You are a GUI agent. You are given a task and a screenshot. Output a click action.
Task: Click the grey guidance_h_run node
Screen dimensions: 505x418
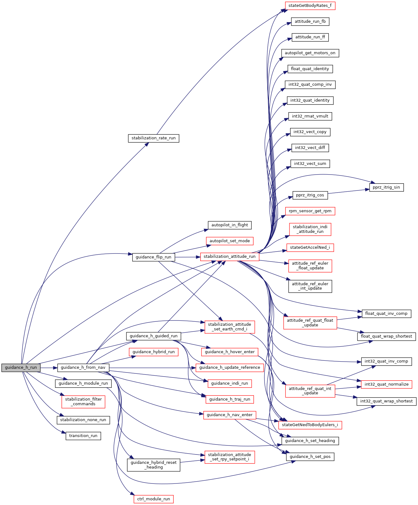[21, 368]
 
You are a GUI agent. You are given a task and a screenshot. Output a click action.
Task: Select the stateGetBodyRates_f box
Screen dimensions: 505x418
[310, 6]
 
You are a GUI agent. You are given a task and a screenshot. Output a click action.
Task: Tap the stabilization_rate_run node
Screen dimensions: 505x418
[153, 138]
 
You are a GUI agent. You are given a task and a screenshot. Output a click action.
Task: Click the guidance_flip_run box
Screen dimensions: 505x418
[153, 257]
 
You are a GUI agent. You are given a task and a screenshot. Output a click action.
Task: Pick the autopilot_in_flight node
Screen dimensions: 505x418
[230, 225]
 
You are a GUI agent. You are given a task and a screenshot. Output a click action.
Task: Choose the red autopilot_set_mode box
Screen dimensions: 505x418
[230, 241]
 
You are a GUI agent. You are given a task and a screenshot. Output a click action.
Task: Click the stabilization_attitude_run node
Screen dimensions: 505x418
[230, 257]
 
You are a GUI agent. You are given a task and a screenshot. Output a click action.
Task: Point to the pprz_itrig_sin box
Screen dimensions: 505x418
[386, 187]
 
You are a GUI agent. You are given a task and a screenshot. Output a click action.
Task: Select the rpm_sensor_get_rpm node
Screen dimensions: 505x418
[310, 211]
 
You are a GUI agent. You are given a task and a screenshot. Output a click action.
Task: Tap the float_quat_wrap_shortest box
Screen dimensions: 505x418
[386, 336]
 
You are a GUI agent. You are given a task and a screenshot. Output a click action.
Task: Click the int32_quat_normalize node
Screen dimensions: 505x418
[386, 384]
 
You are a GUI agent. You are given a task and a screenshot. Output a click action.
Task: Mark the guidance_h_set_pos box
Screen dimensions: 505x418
[310, 457]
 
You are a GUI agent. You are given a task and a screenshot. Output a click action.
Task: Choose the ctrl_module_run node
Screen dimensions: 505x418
[153, 499]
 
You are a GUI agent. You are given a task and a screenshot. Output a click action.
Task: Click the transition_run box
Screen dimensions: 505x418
[83, 436]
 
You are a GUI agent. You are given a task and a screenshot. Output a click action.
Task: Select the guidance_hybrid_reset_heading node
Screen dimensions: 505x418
[153, 465]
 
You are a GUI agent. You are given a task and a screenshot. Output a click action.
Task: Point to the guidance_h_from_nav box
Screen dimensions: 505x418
[83, 368]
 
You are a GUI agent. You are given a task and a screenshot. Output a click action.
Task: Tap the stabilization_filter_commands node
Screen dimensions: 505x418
[83, 402]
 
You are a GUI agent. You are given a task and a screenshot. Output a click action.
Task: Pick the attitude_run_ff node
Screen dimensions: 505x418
[310, 37]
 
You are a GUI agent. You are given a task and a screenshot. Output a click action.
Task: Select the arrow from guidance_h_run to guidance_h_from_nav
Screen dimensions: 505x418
[49, 368]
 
